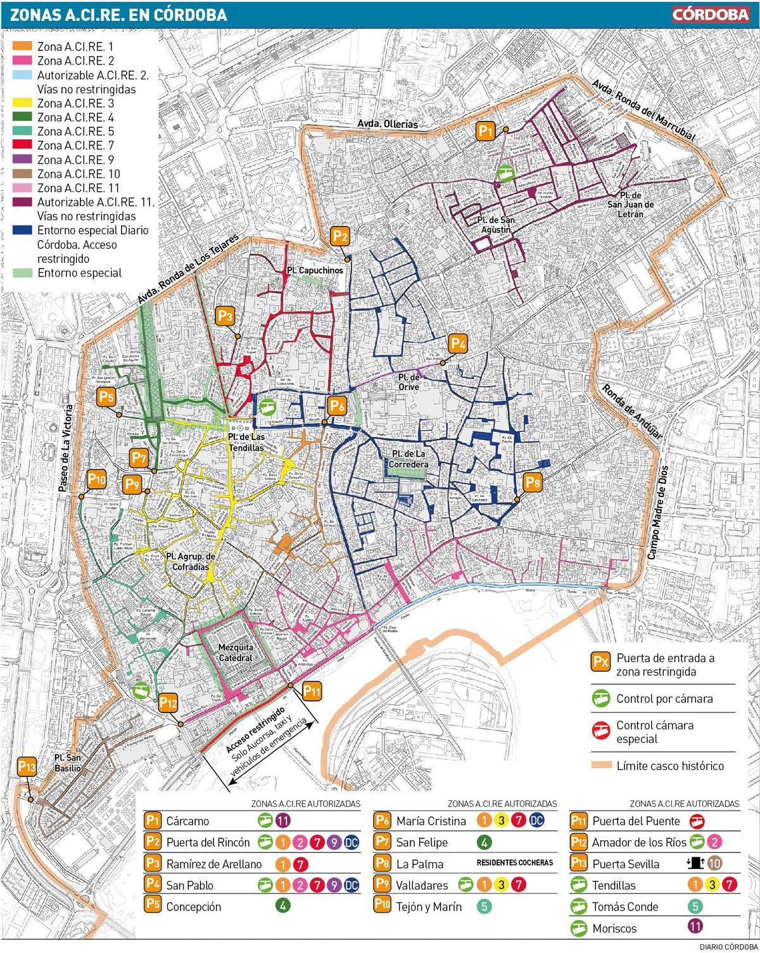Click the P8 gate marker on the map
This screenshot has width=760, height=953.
click(x=533, y=483)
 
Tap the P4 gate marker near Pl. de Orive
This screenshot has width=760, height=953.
click(x=458, y=344)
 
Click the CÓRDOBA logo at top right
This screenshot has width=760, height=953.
click(x=711, y=14)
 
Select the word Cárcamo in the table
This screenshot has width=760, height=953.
click(x=187, y=821)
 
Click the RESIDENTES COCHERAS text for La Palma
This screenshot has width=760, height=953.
click(x=514, y=862)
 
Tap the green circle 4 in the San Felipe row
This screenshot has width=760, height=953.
click(x=484, y=843)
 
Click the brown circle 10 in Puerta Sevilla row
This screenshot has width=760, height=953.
click(x=714, y=864)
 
